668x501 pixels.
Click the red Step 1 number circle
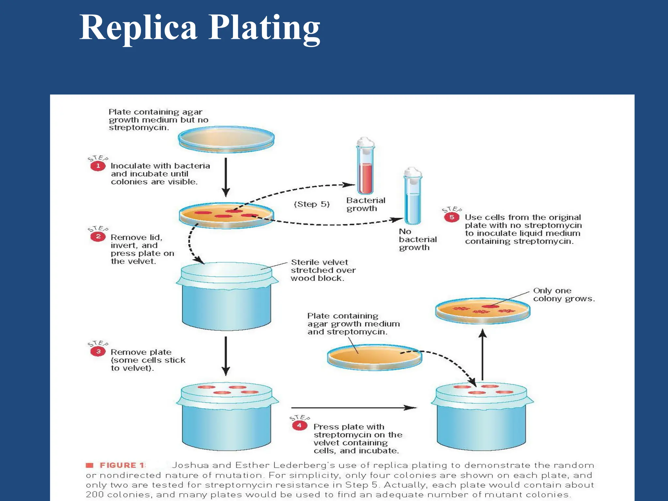[x=98, y=166]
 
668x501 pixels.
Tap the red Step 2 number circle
[x=98, y=236]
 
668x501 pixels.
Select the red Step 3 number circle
[x=98, y=351]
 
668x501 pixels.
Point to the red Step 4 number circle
[x=299, y=425]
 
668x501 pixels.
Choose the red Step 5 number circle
[x=452, y=217]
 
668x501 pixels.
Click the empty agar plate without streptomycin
[x=226, y=139]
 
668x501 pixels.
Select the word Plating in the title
[x=264, y=29]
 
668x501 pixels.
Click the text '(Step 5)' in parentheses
[x=312, y=204]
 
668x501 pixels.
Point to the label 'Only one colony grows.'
[x=564, y=295]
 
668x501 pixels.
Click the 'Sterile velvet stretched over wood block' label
[x=323, y=270]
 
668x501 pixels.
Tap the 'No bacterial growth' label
[x=417, y=239]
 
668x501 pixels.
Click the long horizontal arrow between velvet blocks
[x=354, y=408]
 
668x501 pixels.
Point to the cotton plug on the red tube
[x=365, y=143]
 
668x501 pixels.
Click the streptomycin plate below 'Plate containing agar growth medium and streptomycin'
[x=374, y=357]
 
